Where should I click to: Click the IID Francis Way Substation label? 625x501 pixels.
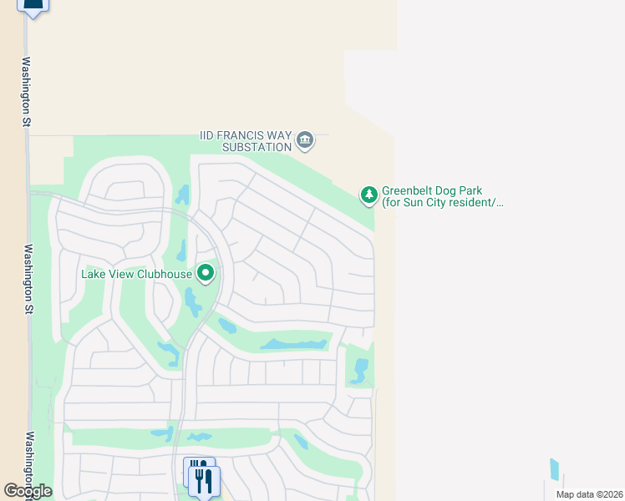246,140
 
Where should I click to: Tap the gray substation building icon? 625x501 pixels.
305,139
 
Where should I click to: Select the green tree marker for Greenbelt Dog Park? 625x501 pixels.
368,195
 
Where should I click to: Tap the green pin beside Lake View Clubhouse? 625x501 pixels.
206,273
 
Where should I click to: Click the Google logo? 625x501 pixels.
27,491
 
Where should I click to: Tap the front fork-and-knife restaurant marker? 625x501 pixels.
204,481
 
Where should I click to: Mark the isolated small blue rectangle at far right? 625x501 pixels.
554,469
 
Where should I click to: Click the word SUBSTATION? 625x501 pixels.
257,147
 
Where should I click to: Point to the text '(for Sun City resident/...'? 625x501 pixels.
443,203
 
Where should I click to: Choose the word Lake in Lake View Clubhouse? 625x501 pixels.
94,274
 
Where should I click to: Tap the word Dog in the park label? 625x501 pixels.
453,191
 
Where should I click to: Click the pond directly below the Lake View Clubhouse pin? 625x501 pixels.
193,302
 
